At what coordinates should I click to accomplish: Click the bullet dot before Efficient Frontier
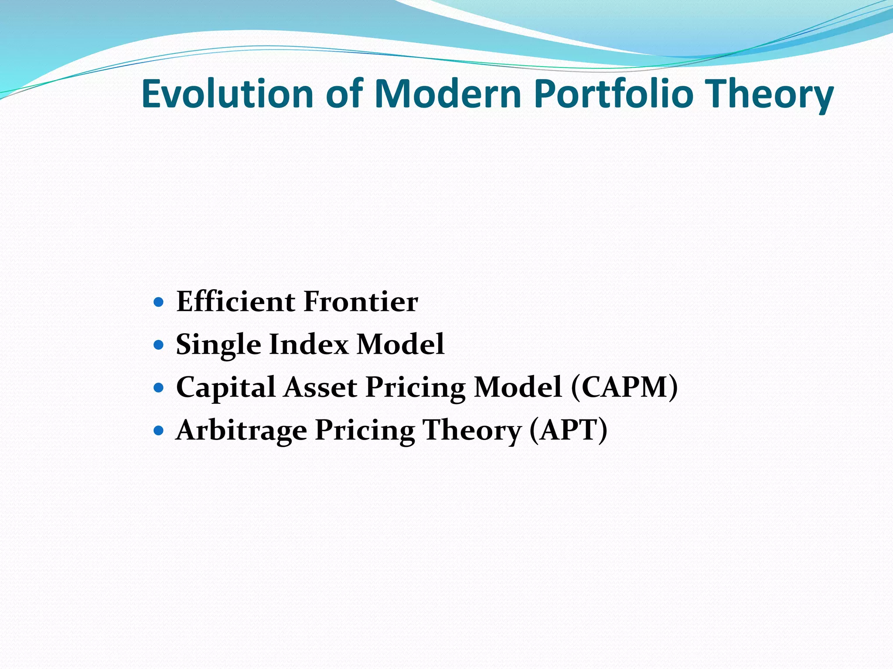coord(159,302)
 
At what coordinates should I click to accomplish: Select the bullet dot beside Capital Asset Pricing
coord(159,388)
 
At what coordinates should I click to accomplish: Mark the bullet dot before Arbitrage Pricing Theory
coord(159,431)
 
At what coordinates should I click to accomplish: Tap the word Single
coord(218,345)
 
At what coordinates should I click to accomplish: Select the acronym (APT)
coord(568,430)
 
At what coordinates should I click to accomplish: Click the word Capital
coord(225,388)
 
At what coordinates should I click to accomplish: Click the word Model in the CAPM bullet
coord(518,387)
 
